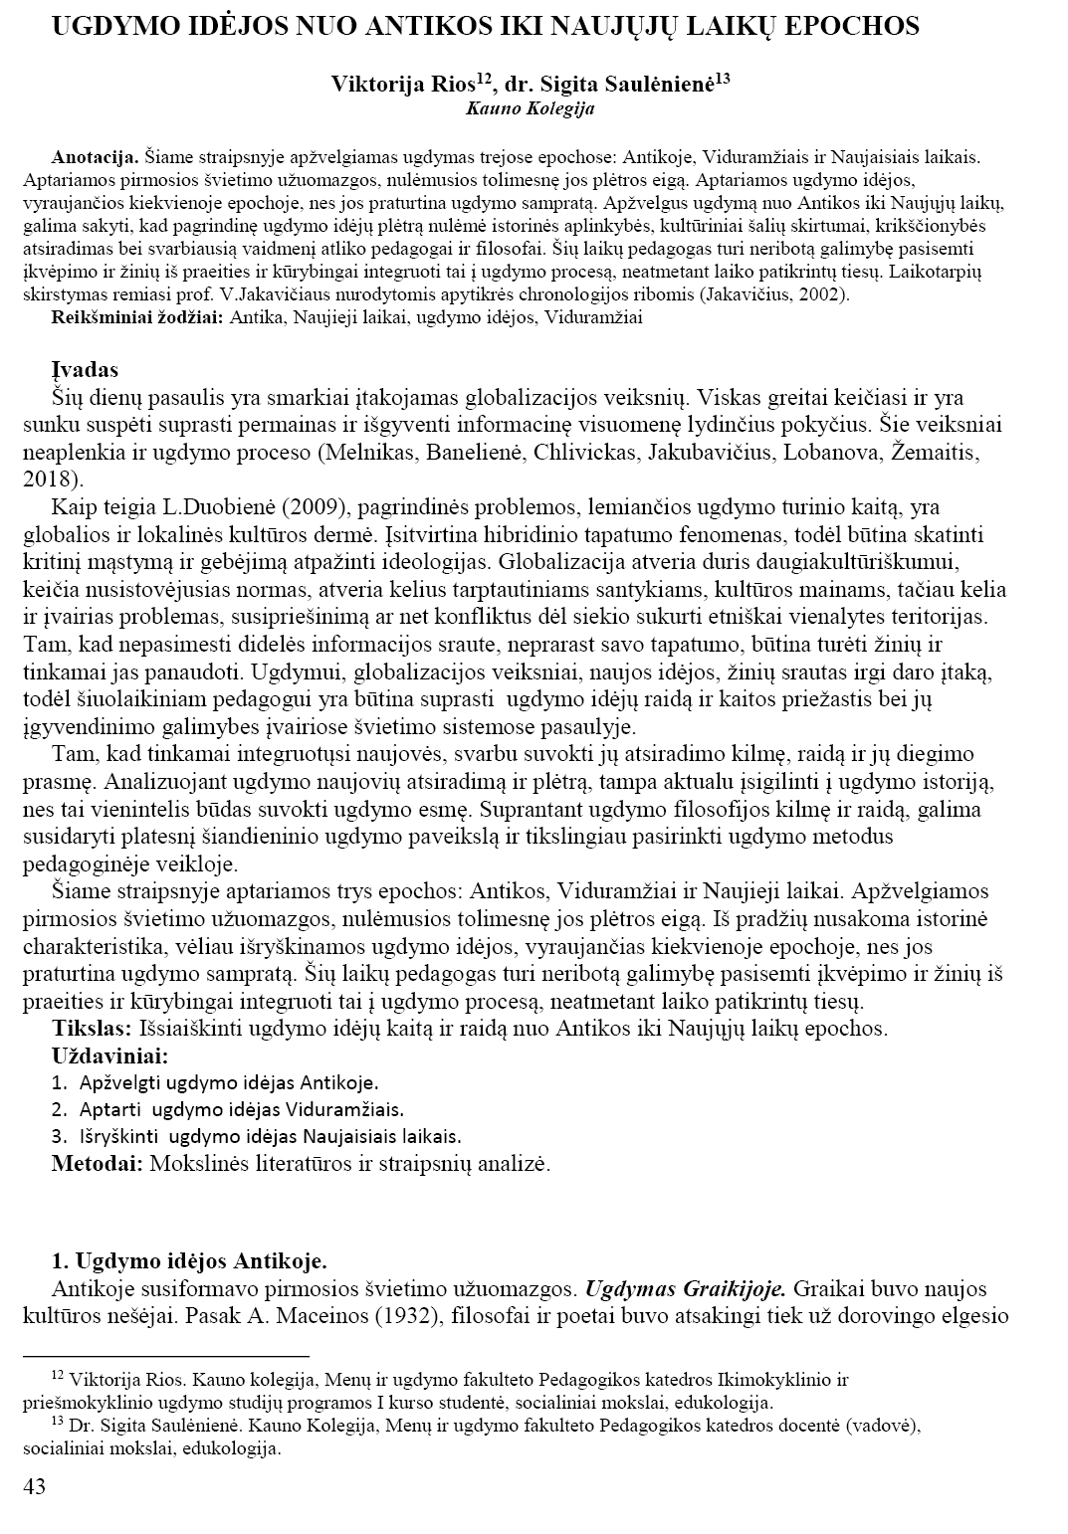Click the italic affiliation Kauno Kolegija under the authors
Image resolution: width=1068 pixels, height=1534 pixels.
pos(530,108)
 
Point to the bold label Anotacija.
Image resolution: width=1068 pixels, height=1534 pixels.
pos(95,157)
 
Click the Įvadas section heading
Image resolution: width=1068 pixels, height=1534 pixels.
pos(85,370)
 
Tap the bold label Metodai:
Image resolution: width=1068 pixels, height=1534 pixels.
pos(97,1162)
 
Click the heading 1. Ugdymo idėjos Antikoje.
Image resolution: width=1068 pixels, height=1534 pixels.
pos(189,1262)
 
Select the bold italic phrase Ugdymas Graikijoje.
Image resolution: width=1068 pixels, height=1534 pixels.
pos(686,1289)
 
